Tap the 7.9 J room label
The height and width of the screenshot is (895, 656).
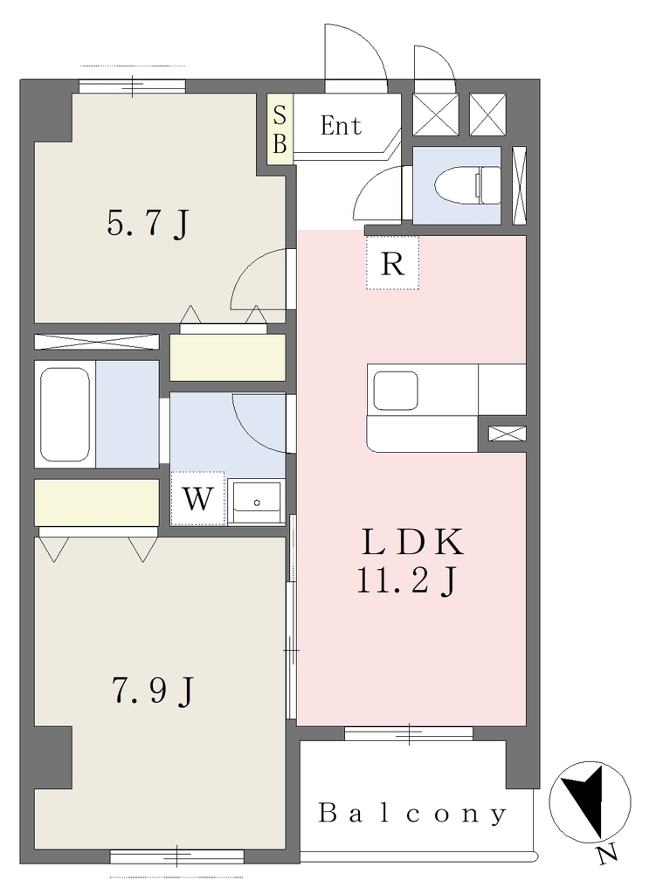click(x=152, y=690)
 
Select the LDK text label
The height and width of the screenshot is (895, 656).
click(x=413, y=542)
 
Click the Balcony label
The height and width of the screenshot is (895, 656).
click(x=412, y=814)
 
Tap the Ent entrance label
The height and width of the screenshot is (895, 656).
click(x=341, y=126)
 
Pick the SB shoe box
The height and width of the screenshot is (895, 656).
click(x=280, y=129)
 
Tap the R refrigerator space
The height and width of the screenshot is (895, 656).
click(x=392, y=262)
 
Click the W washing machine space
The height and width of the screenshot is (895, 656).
click(x=197, y=498)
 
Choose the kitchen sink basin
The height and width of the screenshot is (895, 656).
click(x=396, y=391)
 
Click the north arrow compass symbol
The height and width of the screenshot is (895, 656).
click(x=590, y=802)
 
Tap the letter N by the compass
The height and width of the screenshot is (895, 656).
click(x=608, y=853)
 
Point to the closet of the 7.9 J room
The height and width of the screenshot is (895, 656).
click(x=96, y=503)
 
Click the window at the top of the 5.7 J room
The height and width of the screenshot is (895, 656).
click(x=133, y=87)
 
